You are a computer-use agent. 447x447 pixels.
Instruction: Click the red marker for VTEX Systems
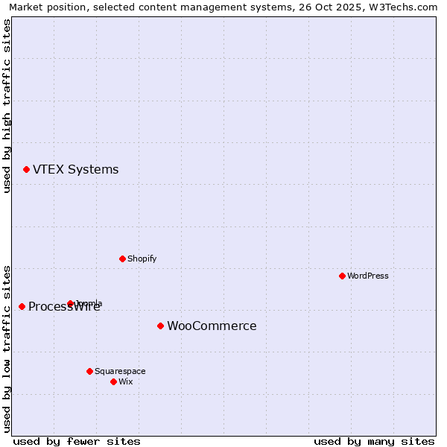pyautogui.click(x=26, y=170)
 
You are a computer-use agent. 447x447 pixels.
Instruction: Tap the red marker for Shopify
pyautogui.click(x=122, y=259)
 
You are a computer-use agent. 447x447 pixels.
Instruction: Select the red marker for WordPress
pyautogui.click(x=342, y=276)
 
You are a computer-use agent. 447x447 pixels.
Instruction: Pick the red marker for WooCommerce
pyautogui.click(x=160, y=326)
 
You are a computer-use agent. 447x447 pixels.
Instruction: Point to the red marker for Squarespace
pyautogui.click(x=89, y=371)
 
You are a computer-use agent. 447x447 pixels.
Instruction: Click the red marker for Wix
pyautogui.click(x=113, y=381)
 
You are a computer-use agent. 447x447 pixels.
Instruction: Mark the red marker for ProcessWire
pyautogui.click(x=22, y=306)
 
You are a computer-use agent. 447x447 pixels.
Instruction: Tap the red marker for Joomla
pyautogui.click(x=70, y=303)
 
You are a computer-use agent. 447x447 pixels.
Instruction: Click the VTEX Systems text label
pyautogui.click(x=75, y=170)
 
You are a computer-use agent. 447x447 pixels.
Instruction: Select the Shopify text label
pyautogui.click(x=142, y=259)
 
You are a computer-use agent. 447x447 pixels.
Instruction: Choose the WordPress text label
pyautogui.click(x=367, y=276)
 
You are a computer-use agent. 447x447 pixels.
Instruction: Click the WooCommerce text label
pyautogui.click(x=212, y=326)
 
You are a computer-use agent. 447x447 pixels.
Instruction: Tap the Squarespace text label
pyautogui.click(x=120, y=371)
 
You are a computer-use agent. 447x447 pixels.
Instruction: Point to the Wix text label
pyautogui.click(x=125, y=381)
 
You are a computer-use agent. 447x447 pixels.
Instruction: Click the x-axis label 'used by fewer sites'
pyautogui.click(x=77, y=441)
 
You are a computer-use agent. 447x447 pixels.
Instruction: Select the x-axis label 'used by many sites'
pyautogui.click(x=374, y=441)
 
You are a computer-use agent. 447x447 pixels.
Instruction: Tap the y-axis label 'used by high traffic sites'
pyautogui.click(x=7, y=106)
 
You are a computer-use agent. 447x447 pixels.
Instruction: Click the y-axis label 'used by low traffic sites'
pyautogui.click(x=7, y=348)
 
